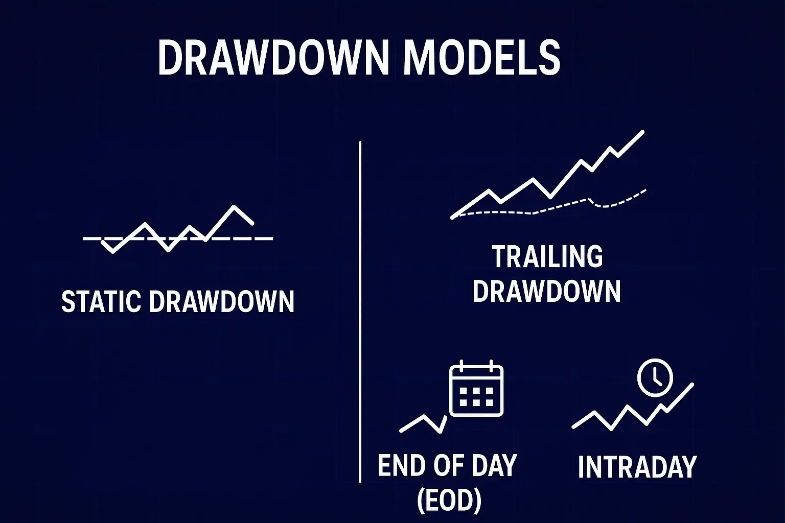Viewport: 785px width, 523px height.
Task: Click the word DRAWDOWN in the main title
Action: click(274, 57)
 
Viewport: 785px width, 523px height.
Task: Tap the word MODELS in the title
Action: click(482, 57)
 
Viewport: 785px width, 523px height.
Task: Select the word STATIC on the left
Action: click(102, 301)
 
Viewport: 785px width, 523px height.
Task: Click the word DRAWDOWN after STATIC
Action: click(221, 301)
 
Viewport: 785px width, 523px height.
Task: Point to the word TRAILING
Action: click(547, 256)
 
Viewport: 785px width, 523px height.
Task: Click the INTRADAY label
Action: click(637, 467)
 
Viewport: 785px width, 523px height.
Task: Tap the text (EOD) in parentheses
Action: click(449, 501)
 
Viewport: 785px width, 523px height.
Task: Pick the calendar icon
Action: click(476, 388)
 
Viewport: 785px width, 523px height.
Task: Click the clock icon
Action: click(655, 377)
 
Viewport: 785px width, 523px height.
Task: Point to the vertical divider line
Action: click(360, 312)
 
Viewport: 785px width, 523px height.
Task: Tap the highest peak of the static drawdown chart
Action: click(234, 206)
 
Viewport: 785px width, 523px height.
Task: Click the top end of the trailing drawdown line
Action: click(643, 132)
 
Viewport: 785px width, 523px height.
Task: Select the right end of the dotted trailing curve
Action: click(645, 190)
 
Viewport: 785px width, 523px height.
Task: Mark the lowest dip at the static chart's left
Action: click(112, 251)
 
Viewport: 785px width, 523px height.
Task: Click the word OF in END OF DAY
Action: click(445, 465)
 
